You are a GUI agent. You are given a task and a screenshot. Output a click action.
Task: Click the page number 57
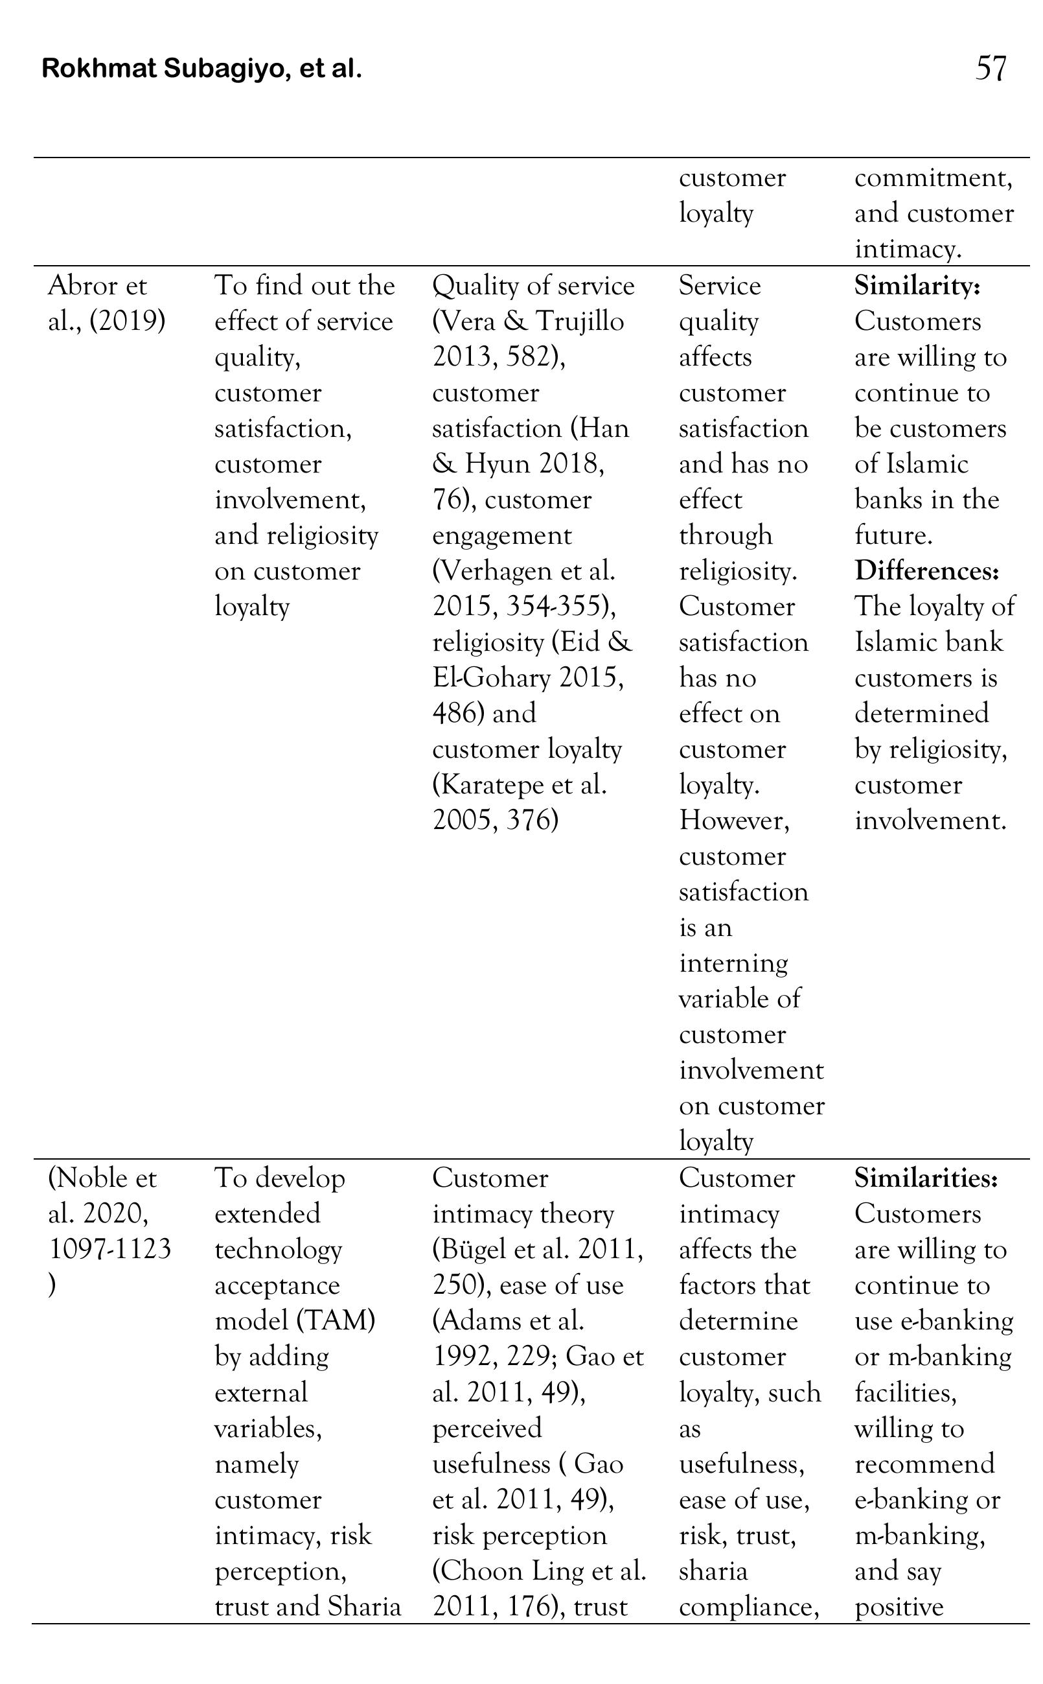pos(991,68)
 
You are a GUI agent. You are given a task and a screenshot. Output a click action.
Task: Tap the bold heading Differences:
pos(926,571)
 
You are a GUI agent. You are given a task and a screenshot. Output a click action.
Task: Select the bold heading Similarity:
pos(917,286)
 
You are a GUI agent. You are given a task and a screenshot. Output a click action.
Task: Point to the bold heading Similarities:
pos(926,1178)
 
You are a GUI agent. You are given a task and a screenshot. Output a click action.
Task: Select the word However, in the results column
pos(734,821)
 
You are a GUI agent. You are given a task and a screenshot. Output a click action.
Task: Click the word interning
pos(733,963)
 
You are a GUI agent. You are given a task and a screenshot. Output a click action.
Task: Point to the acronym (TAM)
pos(336,1321)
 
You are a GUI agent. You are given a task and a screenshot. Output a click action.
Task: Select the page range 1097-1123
pos(109,1249)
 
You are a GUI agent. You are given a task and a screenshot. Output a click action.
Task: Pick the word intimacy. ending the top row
pos(908,249)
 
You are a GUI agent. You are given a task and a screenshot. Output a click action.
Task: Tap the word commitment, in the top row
pos(934,178)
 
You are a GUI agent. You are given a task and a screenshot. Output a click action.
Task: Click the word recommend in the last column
pos(924,1464)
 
